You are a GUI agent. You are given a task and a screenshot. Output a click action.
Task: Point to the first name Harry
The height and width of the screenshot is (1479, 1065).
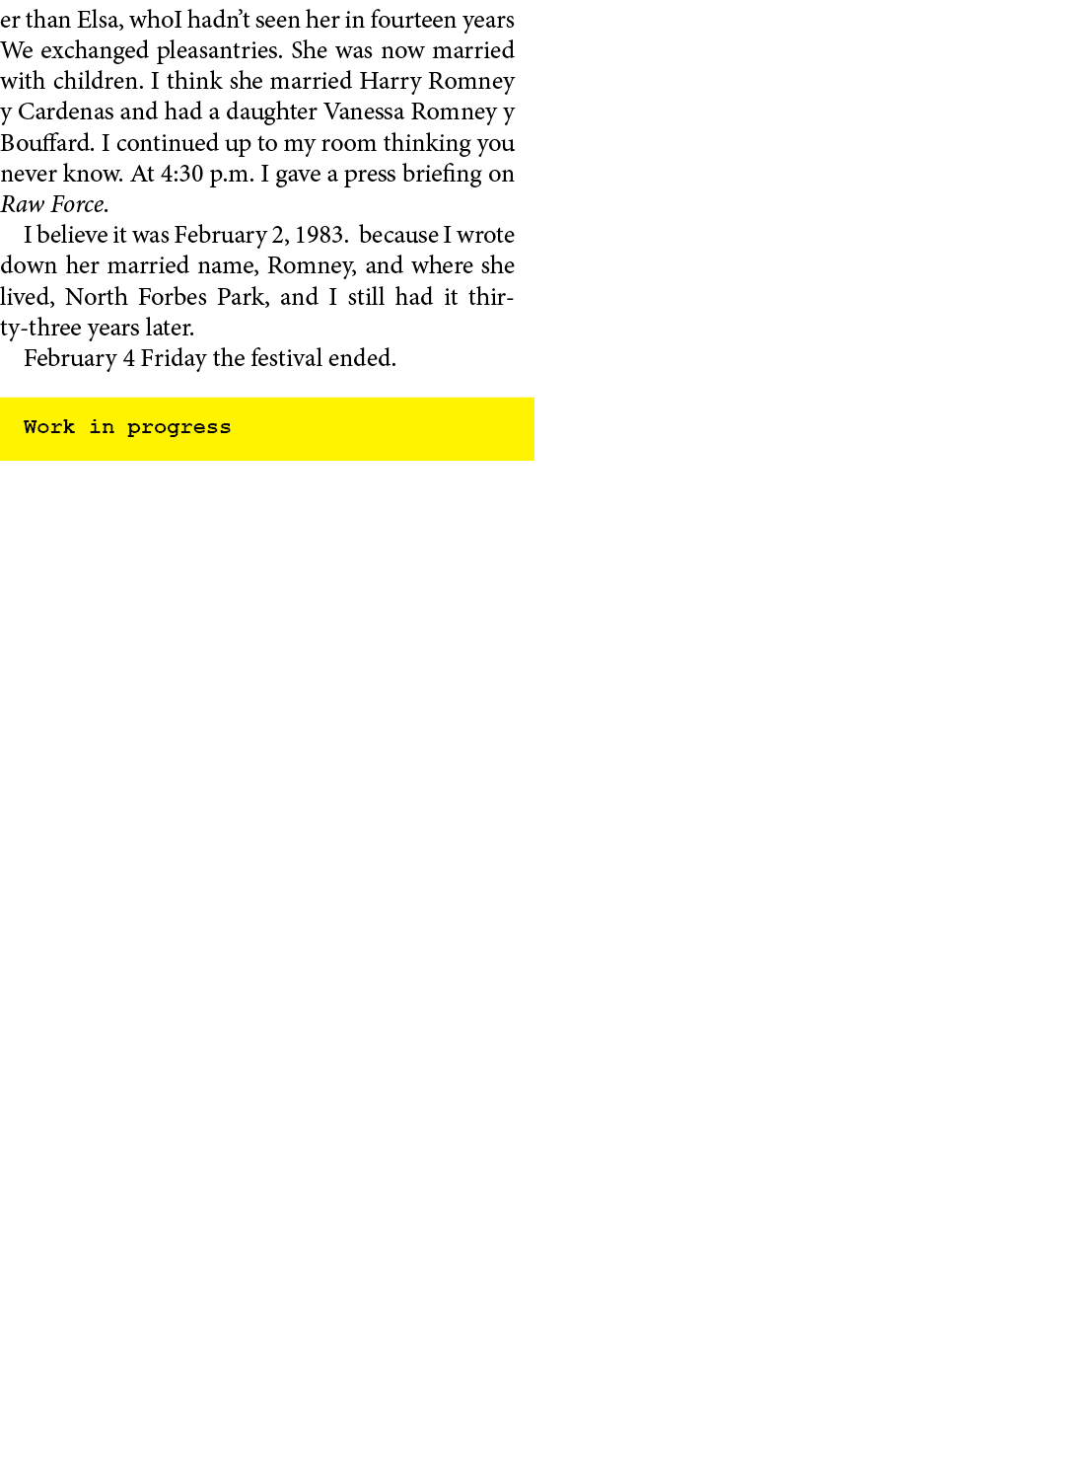coord(390,81)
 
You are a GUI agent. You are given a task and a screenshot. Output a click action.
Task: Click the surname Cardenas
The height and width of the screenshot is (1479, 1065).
coord(65,111)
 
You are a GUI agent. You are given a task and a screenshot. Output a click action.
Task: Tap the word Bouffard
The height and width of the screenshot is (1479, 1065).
coord(46,143)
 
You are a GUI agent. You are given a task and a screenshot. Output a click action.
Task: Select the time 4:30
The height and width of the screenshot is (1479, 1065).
coord(181,174)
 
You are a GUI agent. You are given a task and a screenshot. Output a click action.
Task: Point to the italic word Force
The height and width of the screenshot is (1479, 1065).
coord(79,204)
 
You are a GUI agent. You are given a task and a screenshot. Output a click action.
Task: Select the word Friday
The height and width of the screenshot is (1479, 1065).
coord(173,358)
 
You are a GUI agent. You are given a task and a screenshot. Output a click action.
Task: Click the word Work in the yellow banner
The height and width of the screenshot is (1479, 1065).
coord(49,427)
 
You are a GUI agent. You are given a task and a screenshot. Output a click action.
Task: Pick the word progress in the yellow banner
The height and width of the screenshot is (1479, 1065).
coord(178,427)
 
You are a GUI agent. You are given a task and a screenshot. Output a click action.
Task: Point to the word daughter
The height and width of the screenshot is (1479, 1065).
coord(271,111)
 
